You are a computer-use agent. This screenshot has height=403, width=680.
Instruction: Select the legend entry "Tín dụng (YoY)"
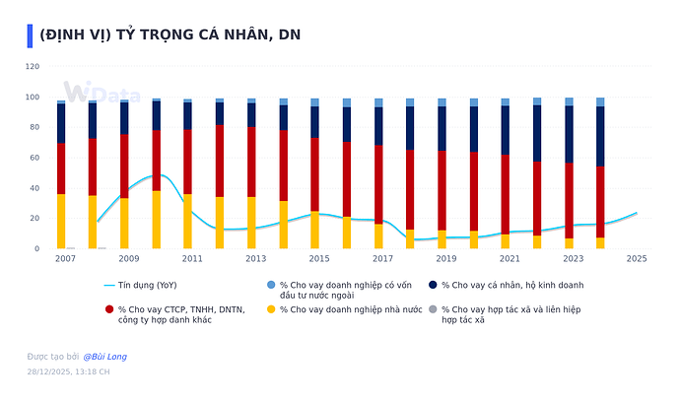148,285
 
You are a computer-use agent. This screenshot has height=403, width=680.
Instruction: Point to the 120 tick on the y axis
32,67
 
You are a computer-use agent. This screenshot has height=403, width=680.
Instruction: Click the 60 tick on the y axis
34,158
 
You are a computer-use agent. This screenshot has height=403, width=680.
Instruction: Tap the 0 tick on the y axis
36,248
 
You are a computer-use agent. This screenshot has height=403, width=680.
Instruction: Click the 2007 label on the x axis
65,259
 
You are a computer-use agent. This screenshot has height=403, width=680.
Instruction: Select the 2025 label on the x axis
636,259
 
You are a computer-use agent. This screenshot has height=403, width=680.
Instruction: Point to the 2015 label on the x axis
318,259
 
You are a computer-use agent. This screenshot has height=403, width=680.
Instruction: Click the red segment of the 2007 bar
61,168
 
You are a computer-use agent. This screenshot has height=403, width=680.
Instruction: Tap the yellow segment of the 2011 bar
187,221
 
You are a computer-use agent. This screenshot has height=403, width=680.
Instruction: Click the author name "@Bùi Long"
104,356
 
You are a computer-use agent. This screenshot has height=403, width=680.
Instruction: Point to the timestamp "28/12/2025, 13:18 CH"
68,372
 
